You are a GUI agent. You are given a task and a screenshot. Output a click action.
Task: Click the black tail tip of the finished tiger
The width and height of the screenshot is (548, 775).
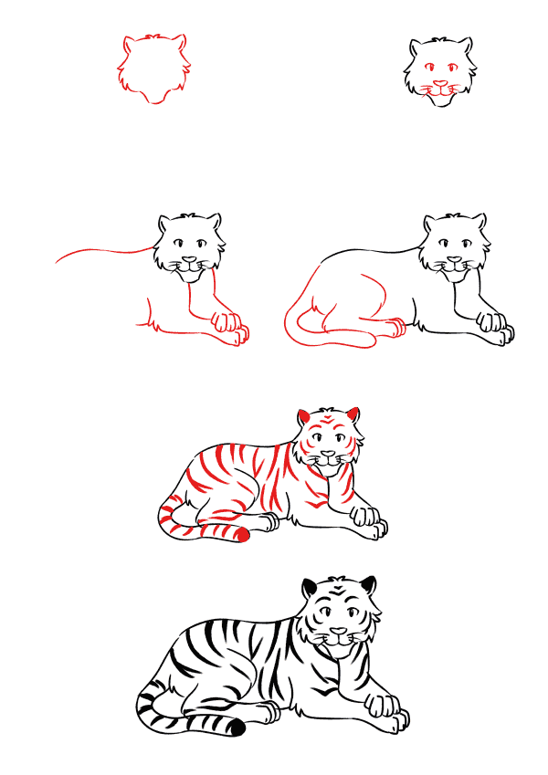click(237, 728)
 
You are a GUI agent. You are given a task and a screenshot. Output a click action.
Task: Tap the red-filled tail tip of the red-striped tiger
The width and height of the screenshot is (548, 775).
click(242, 536)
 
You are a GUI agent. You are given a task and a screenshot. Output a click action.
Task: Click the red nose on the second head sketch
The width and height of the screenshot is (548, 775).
click(440, 83)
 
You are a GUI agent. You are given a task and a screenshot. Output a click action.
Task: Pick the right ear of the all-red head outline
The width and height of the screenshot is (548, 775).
click(180, 45)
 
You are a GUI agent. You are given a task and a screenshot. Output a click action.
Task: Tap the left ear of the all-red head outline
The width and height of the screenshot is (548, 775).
click(129, 45)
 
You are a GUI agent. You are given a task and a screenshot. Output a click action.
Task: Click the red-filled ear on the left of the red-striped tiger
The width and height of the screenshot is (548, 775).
click(303, 417)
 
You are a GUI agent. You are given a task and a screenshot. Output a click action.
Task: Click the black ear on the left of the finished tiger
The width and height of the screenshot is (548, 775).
click(311, 586)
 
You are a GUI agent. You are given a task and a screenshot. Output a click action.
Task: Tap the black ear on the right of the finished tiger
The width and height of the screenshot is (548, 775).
click(368, 585)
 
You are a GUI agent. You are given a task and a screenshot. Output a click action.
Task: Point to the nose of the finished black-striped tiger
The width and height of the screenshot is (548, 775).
click(340, 631)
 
